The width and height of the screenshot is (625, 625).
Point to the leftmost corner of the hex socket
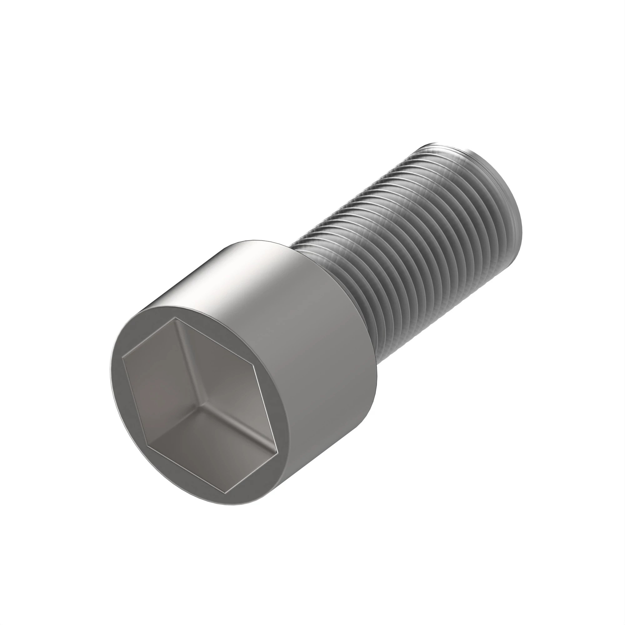tap(122, 357)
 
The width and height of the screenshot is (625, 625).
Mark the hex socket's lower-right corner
tap(277, 452)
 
